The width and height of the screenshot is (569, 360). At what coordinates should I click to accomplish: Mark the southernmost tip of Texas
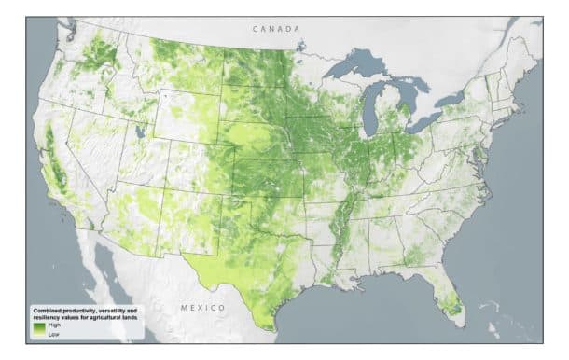coord(271,329)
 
